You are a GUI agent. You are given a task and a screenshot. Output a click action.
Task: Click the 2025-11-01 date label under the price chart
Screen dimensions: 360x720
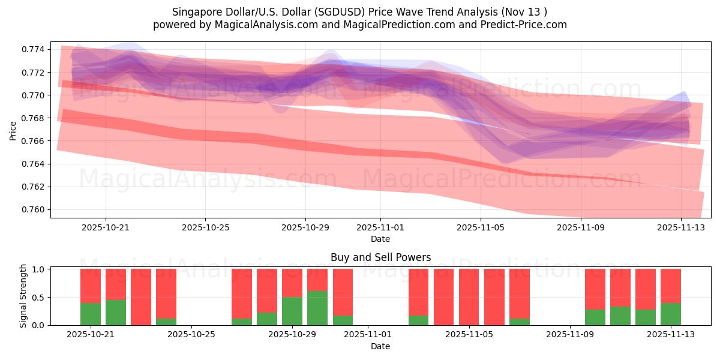(x=380, y=228)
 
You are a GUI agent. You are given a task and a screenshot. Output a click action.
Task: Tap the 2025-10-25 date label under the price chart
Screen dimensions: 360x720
(x=205, y=228)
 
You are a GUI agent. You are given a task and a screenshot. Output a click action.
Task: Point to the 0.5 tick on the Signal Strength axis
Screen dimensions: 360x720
(x=38, y=298)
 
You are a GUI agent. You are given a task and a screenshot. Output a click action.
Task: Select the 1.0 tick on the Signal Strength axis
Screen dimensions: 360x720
(x=38, y=269)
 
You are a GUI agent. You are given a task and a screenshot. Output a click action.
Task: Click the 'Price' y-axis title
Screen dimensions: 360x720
(x=13, y=130)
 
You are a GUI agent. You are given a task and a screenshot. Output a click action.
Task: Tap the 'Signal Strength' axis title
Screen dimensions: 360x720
(x=23, y=296)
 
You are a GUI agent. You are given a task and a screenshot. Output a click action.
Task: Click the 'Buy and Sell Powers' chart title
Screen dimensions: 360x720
(x=380, y=257)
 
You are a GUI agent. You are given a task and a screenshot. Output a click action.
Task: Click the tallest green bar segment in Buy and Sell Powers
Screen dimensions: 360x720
(x=317, y=308)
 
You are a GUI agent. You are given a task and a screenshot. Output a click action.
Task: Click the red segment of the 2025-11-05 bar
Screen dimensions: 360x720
(x=469, y=296)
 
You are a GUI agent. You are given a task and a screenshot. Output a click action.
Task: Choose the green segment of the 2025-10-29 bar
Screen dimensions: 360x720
(x=292, y=311)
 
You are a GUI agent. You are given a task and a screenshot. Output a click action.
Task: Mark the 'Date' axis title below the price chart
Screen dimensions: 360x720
(x=380, y=239)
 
